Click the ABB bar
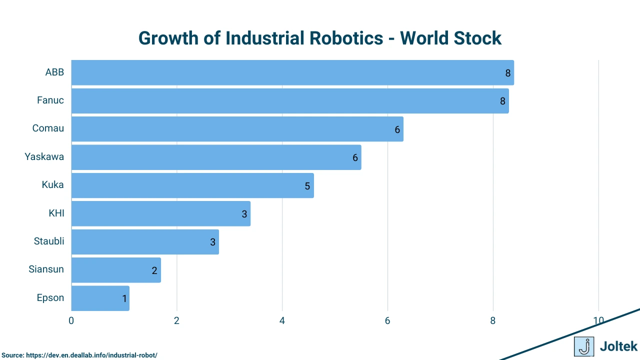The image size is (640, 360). point(292,72)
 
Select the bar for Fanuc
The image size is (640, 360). point(290,101)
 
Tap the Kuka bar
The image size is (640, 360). point(192,185)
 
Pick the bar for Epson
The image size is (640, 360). point(100,298)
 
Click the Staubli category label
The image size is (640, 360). point(49,241)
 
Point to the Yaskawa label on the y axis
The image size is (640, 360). point(44,157)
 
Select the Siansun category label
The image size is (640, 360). point(46,269)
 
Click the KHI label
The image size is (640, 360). point(56,213)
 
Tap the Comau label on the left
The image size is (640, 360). point(48,128)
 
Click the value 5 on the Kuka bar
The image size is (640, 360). point(307,186)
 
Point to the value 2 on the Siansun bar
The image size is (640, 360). point(154,270)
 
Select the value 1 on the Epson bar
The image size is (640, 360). point(124,299)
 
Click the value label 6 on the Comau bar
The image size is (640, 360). point(397,129)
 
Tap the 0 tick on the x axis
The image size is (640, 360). point(71,320)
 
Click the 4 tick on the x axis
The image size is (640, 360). point(282,320)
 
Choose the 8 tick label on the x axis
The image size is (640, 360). point(493,320)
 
